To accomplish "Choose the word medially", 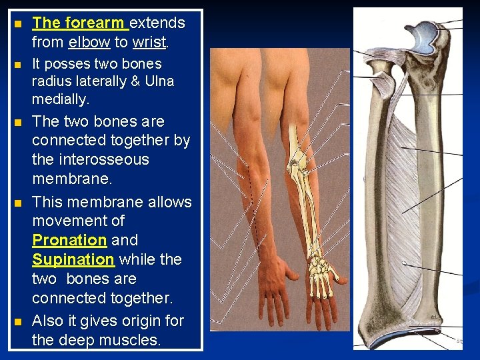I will [x=60, y=99].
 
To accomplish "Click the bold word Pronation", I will [x=69, y=239].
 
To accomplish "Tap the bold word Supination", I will [x=73, y=259].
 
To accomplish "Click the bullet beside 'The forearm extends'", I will [x=18, y=24].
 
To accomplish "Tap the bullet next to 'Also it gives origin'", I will [x=18, y=322].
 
